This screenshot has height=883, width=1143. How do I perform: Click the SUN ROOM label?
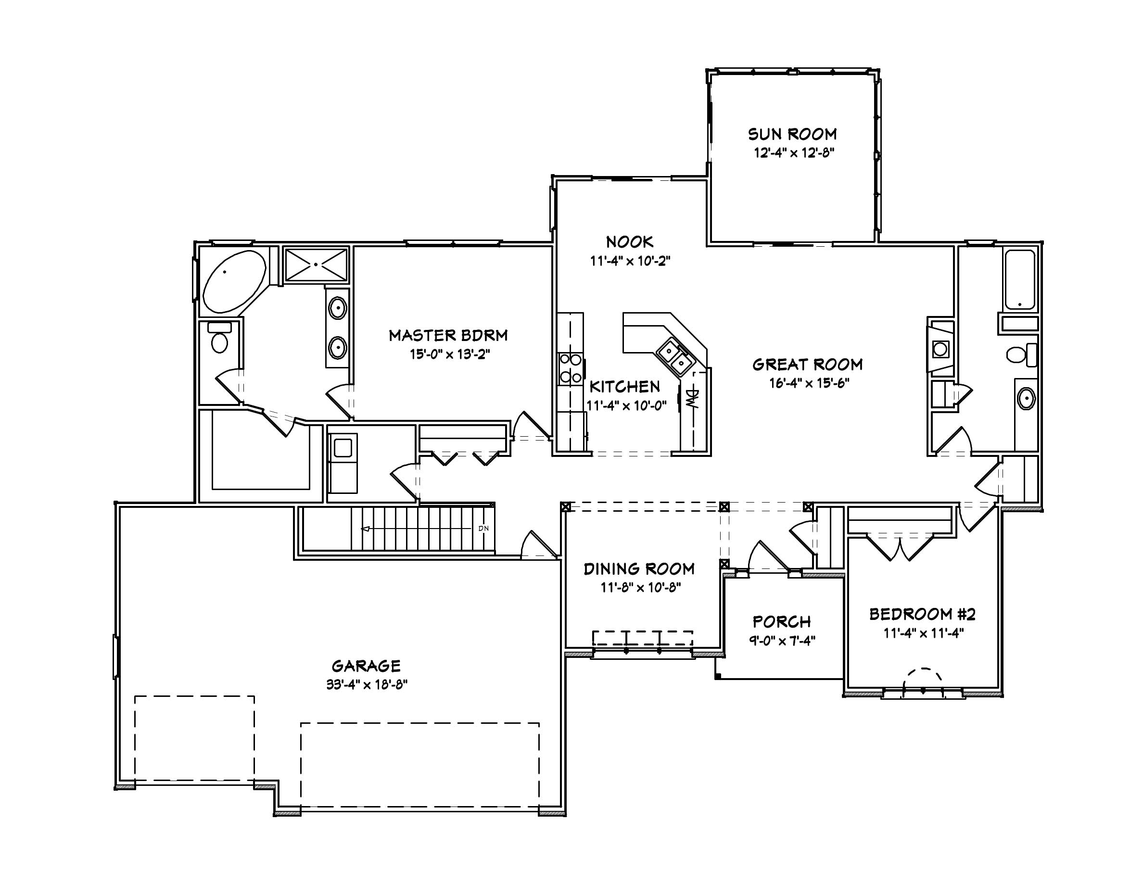792,135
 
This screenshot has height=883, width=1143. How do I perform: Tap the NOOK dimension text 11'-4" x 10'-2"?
630,261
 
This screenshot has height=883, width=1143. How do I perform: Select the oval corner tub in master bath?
234,282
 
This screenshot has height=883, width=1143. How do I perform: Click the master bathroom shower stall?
316,265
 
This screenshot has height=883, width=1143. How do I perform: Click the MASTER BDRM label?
448,335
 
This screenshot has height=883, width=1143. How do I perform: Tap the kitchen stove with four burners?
570,368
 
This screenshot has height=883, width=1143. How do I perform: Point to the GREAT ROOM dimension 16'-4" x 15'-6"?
809,383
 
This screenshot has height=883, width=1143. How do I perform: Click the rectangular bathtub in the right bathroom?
1019,280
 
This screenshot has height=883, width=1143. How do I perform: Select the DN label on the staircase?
483,529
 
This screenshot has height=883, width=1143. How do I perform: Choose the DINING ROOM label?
639,568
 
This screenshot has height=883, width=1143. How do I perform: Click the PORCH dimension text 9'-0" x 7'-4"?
782,641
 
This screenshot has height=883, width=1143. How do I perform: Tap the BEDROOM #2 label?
922,614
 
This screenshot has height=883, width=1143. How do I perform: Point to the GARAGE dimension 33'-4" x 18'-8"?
367,684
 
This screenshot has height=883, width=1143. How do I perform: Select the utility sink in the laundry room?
343,448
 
